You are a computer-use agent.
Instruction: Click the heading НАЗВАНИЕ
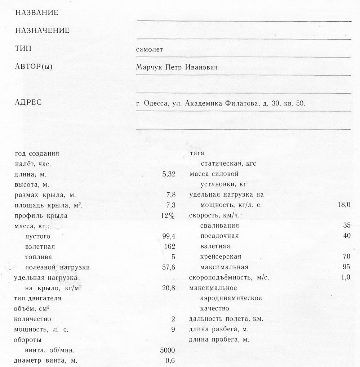point(37,13)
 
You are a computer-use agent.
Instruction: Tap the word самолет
point(149,49)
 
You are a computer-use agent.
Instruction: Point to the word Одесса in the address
point(155,104)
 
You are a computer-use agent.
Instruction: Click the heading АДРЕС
point(28,103)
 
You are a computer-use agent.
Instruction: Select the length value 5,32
point(169,174)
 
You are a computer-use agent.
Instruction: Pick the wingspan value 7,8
point(171,195)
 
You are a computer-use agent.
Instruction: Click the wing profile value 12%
point(168,216)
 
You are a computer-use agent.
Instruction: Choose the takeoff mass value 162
point(169,247)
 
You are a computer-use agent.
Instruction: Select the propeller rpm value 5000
point(167,350)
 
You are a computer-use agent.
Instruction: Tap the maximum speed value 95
point(347,267)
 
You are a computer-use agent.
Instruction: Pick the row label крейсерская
point(221,257)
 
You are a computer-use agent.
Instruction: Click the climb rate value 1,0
point(345,277)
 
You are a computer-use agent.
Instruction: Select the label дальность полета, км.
point(226,319)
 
